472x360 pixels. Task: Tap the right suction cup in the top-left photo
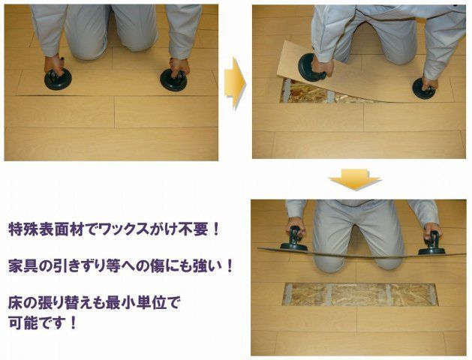click(174, 79)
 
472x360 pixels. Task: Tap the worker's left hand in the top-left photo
click(53, 65)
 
